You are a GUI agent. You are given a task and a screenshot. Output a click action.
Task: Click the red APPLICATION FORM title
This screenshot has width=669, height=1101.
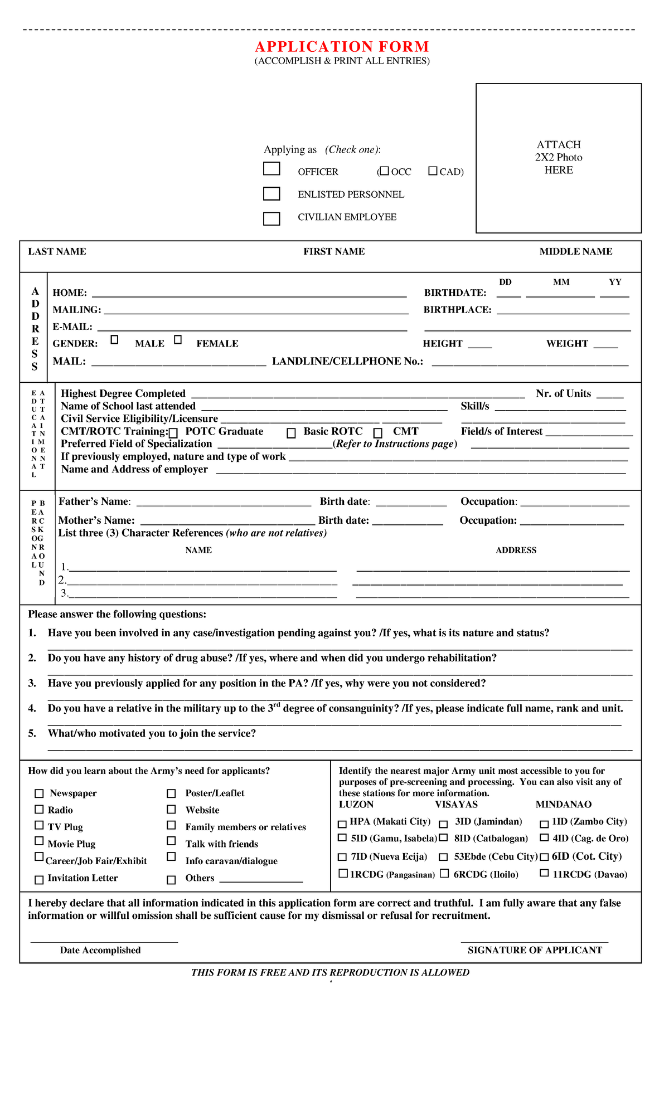[x=342, y=47]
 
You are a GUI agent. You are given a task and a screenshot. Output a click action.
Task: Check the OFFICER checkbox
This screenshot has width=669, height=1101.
[x=272, y=168]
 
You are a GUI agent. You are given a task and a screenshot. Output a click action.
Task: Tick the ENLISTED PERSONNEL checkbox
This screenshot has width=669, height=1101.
[x=272, y=193]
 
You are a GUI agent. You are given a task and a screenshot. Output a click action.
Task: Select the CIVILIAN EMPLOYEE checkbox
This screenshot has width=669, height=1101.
[x=272, y=218]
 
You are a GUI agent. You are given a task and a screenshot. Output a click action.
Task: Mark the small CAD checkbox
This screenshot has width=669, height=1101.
[x=433, y=171]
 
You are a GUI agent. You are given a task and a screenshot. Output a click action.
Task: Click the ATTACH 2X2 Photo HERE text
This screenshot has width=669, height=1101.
[x=559, y=158]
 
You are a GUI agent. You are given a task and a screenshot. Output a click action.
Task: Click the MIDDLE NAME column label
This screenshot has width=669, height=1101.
[x=575, y=251]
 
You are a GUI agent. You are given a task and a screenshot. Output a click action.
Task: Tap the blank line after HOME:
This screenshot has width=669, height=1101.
[x=249, y=293]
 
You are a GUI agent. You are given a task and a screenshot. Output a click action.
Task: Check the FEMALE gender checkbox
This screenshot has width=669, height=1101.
[x=178, y=339]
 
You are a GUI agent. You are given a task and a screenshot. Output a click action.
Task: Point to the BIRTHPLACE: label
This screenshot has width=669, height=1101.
[x=457, y=310]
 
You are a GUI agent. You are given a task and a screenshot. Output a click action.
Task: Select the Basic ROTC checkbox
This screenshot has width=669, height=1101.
[x=291, y=433]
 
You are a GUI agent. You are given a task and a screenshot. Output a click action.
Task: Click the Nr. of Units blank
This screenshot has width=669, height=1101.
[x=609, y=394]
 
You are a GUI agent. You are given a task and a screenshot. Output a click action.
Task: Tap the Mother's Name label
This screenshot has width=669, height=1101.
[x=96, y=520]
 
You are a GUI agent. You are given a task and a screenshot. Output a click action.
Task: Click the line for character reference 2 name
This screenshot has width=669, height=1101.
[x=201, y=581]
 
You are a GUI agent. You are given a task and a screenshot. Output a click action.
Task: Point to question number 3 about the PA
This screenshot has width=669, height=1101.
[x=266, y=683]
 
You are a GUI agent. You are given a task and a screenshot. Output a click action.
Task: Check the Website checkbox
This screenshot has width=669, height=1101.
[x=171, y=809]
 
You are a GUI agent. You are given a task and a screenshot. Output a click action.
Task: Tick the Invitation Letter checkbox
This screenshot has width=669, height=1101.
[x=39, y=880]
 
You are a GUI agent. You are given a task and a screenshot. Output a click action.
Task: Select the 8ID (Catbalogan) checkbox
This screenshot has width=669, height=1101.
[x=443, y=837]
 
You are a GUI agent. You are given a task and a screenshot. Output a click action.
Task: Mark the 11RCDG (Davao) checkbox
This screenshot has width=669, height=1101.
[x=544, y=873]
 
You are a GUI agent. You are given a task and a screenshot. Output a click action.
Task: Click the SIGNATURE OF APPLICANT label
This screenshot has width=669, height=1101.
[x=535, y=950]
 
